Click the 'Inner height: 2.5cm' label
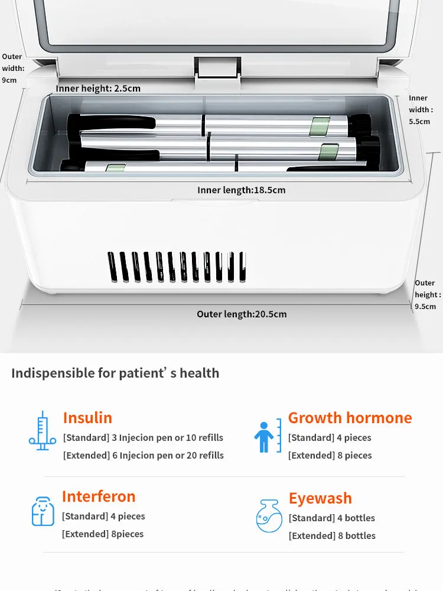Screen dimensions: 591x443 [x=98, y=89]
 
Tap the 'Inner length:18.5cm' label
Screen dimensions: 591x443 [x=241, y=190]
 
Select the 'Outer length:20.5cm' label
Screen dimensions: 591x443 [x=242, y=314]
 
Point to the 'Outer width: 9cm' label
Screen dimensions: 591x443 [x=12, y=68]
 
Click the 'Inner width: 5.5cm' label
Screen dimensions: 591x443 [x=420, y=109]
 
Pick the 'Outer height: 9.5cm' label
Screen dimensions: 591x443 [x=426, y=294]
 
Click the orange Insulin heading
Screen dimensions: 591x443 [x=87, y=418]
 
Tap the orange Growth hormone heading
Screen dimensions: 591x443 [x=350, y=418]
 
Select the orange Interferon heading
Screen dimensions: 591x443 [x=99, y=496]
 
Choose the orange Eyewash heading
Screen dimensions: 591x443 [x=320, y=498]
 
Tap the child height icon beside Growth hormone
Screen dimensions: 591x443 [x=268, y=436]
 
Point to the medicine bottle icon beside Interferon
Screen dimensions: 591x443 [x=43, y=511]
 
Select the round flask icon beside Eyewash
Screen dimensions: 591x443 [x=269, y=516]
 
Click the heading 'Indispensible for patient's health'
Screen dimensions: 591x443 [x=115, y=373]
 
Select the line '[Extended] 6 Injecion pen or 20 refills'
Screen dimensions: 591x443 [x=144, y=456]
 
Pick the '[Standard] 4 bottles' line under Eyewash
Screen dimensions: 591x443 [x=331, y=518]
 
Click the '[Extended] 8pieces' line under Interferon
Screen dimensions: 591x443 [x=103, y=534]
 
